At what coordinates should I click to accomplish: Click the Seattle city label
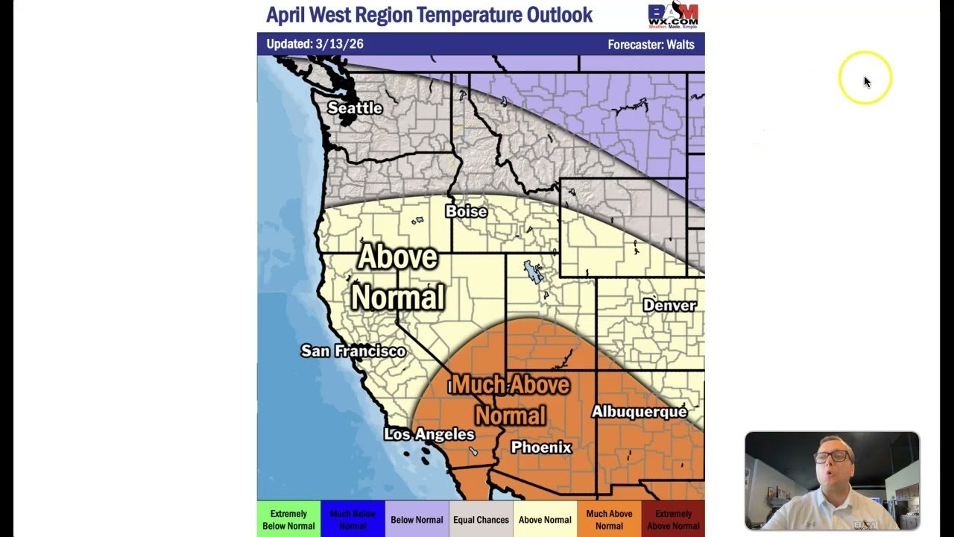355,108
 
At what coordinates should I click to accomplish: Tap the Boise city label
466,212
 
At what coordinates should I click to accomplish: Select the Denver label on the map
669,306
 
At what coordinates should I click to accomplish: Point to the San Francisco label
353,351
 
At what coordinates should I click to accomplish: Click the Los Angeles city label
429,434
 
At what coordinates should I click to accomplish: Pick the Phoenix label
541,447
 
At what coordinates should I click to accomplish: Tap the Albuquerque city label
639,412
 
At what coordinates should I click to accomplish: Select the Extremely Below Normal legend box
288,520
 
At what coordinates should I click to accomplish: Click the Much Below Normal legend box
353,520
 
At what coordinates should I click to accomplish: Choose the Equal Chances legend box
481,520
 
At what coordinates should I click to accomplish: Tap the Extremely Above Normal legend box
673,520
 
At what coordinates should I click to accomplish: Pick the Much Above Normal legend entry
609,520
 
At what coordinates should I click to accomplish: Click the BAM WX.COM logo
673,15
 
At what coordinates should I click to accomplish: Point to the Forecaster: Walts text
651,45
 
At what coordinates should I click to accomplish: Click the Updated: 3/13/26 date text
315,44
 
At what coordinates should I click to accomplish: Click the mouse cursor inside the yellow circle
867,81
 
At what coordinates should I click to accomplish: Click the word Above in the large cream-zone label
397,257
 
